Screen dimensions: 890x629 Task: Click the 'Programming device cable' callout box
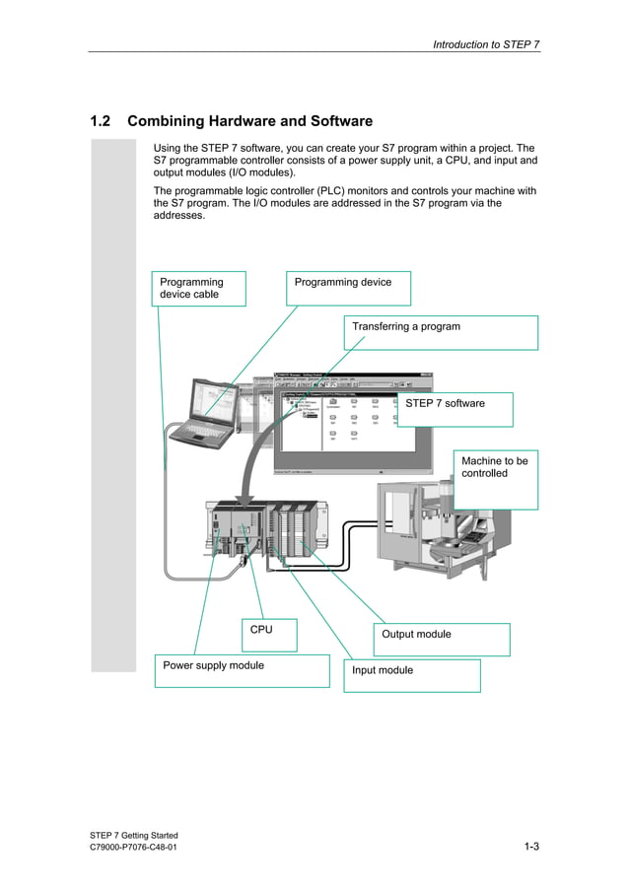click(x=199, y=288)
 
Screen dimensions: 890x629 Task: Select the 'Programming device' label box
click(x=347, y=288)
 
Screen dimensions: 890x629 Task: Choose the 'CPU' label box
click(x=269, y=635)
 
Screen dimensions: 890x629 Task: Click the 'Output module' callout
click(x=441, y=639)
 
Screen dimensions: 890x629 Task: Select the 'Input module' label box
click(x=411, y=675)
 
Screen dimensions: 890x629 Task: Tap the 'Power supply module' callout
click(x=242, y=670)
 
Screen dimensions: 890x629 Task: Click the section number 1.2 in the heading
click(x=100, y=121)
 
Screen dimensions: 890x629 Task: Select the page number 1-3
click(x=531, y=847)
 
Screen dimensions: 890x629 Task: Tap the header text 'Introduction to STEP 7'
click(x=486, y=44)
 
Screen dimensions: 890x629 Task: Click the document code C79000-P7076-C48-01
click(x=133, y=848)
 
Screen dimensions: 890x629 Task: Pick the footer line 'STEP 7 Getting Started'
click(x=133, y=835)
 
